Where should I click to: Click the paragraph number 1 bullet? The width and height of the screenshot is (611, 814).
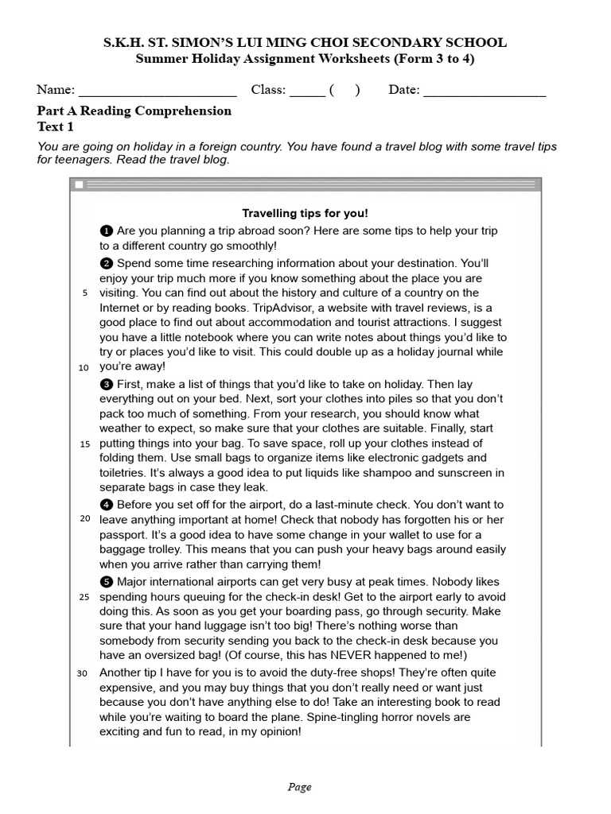107,231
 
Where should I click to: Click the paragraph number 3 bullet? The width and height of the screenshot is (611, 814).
107,383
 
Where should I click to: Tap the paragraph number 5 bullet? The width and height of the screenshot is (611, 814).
107,581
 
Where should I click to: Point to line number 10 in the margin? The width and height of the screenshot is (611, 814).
84,368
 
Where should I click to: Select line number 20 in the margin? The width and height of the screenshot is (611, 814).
84,519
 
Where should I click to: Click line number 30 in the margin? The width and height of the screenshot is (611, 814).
82,674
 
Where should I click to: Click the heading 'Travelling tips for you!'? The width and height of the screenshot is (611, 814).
305,213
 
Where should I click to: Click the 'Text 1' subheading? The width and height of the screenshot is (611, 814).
56,127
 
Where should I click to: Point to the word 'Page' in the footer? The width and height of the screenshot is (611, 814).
300,788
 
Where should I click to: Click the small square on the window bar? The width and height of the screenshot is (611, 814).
79,185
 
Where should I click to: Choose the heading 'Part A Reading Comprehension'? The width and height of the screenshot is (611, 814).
134,111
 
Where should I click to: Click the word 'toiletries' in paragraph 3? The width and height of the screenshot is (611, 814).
125,473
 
